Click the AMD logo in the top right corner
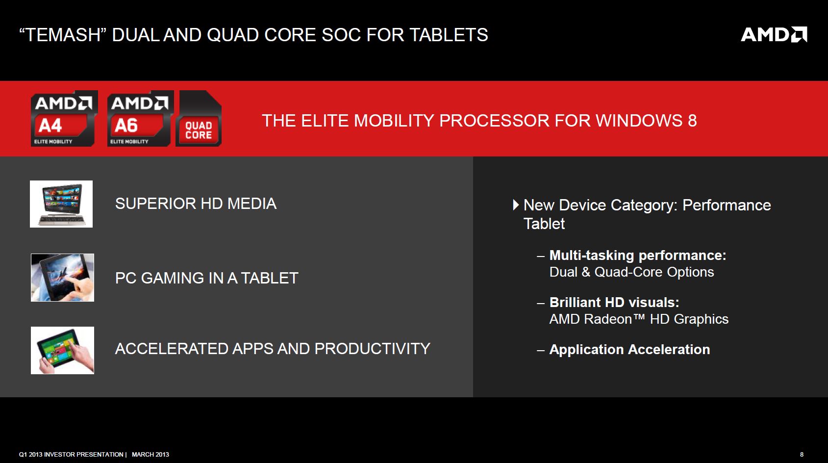pos(774,34)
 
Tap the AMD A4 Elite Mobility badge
pos(64,118)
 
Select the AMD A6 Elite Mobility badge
pos(140,118)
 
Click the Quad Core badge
pos(199,118)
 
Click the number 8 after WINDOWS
pos(692,121)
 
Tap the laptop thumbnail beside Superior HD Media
pos(61,204)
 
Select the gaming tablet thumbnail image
pos(62,277)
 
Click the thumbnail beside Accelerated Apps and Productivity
pos(62,350)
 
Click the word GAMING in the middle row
pos(172,278)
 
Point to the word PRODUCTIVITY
pos(372,349)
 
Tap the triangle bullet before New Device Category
pos(516,205)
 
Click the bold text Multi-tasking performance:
pos(638,256)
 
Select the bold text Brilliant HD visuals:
pos(614,303)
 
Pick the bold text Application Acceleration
pos(629,350)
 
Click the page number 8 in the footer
pos(802,455)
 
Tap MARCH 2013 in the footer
pos(151,455)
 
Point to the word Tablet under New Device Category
pos(544,224)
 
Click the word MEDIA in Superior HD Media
pos(251,204)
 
